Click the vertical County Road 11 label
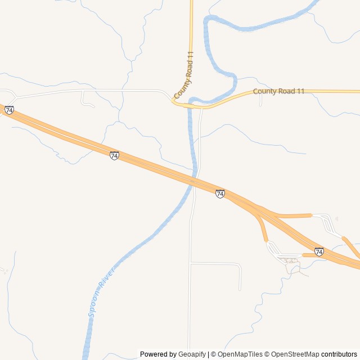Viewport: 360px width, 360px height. click(x=184, y=75)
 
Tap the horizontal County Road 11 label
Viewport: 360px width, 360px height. click(x=278, y=91)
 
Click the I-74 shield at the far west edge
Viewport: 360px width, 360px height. click(x=9, y=110)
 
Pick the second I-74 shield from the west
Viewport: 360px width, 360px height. click(x=114, y=155)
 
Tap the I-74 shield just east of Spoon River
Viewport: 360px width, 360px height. click(x=220, y=193)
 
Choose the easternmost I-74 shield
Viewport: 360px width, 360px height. click(x=319, y=251)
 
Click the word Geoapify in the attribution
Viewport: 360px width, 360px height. click(x=192, y=354)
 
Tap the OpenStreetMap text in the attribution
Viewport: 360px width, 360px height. click(x=295, y=354)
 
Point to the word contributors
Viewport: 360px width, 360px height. click(x=339, y=354)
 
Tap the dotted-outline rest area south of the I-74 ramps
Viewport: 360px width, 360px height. click(x=290, y=260)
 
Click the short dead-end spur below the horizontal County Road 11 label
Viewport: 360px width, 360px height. click(x=261, y=100)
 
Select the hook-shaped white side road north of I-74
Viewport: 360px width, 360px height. click(x=85, y=102)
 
